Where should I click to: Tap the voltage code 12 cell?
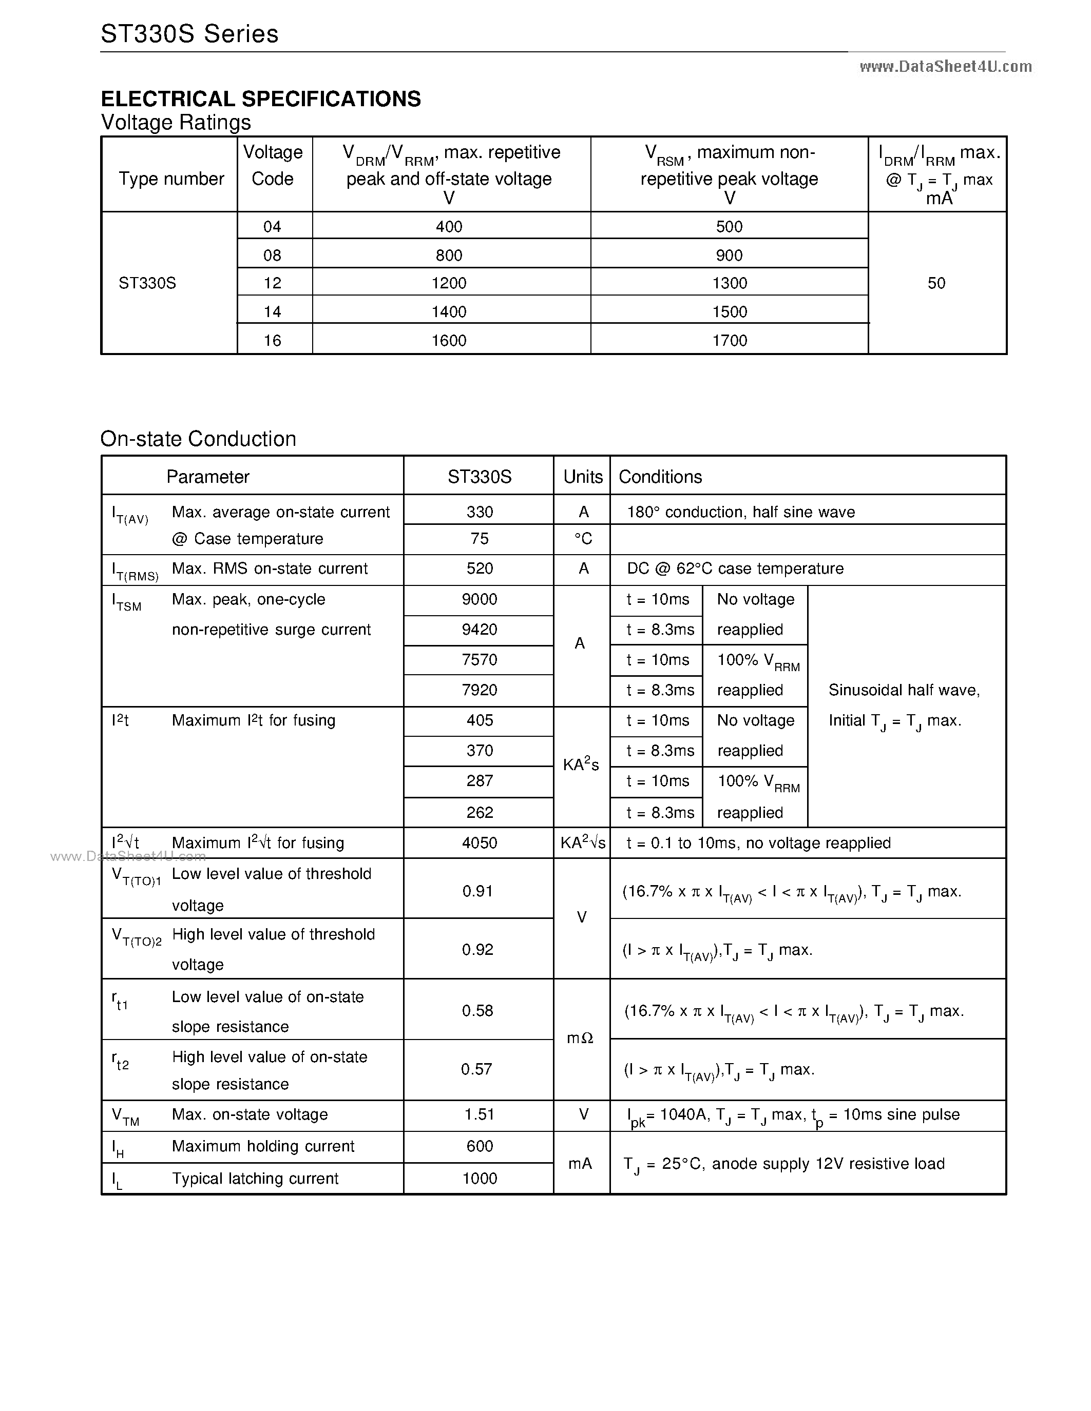(x=272, y=283)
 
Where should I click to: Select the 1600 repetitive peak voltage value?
(x=449, y=341)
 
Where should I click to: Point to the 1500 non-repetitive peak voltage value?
(x=729, y=312)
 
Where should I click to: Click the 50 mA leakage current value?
(x=936, y=283)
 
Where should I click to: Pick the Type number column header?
(x=171, y=179)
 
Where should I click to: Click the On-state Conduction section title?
(x=198, y=439)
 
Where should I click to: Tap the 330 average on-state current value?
(x=480, y=513)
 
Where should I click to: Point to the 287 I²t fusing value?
(x=480, y=781)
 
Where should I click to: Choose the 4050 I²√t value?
(x=480, y=842)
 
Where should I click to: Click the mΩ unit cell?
(x=580, y=1038)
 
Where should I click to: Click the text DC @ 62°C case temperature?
(x=735, y=569)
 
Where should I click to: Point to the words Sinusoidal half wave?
(x=904, y=690)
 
